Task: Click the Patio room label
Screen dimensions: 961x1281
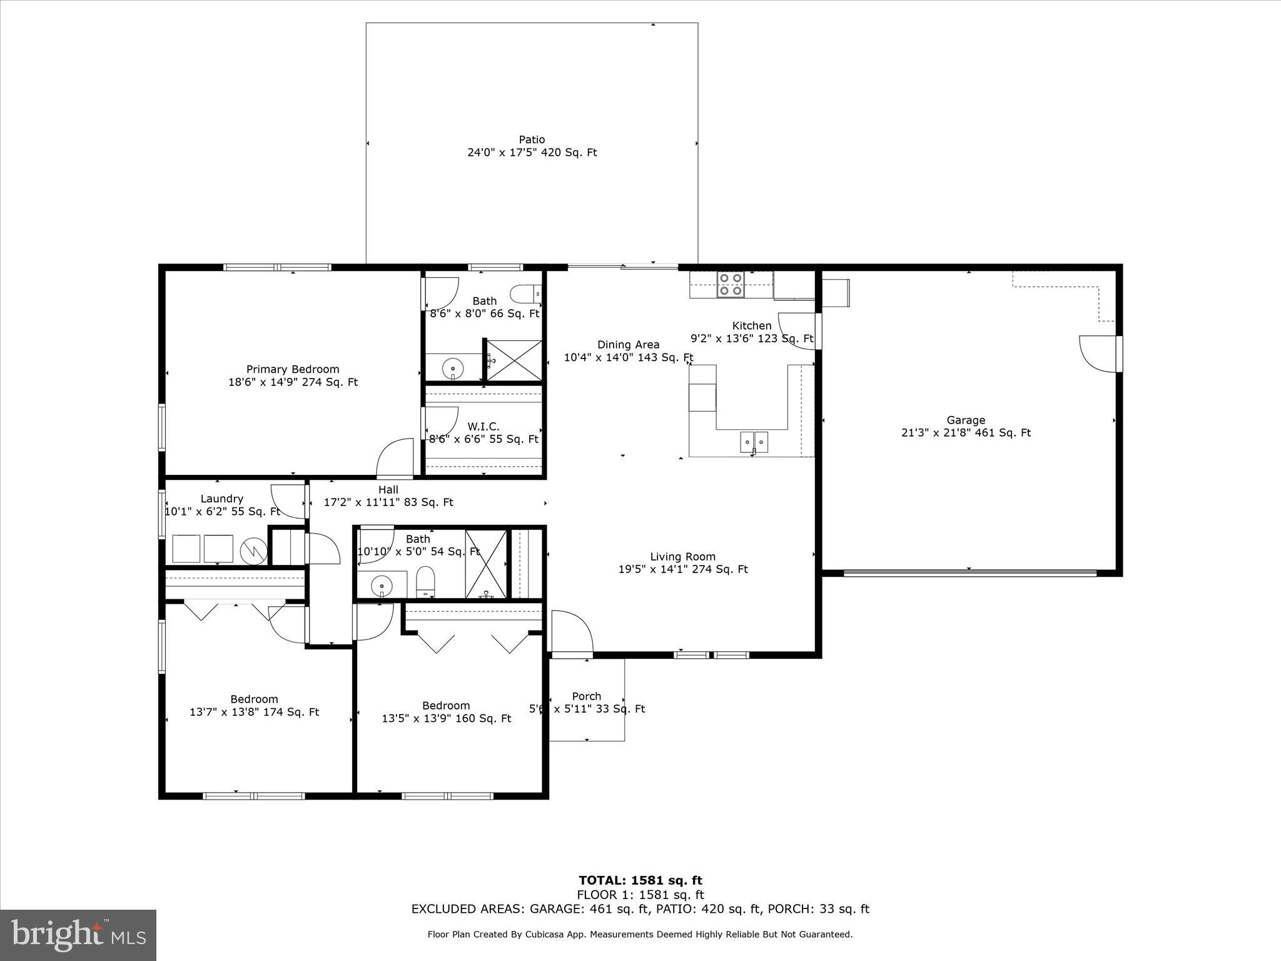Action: point(532,140)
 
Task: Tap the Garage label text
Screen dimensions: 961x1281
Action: point(966,420)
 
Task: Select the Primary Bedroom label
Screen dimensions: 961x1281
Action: point(293,369)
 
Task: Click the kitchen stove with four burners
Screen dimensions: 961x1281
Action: point(731,284)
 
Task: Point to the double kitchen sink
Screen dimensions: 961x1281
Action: point(754,442)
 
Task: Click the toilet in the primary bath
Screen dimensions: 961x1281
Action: point(525,293)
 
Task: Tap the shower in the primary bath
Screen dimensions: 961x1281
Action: point(514,360)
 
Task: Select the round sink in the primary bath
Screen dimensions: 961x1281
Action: point(452,369)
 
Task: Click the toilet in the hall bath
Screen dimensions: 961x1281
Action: point(425,581)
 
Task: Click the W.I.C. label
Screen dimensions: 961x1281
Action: point(484,427)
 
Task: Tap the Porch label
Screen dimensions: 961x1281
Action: point(587,696)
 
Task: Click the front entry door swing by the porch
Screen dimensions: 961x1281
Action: point(571,632)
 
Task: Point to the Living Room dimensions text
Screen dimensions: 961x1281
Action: point(683,569)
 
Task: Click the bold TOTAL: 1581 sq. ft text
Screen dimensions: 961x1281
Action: point(640,881)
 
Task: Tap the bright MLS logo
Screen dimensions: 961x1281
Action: point(78,935)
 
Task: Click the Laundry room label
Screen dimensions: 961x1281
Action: point(222,499)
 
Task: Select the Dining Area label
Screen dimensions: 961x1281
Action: point(628,345)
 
